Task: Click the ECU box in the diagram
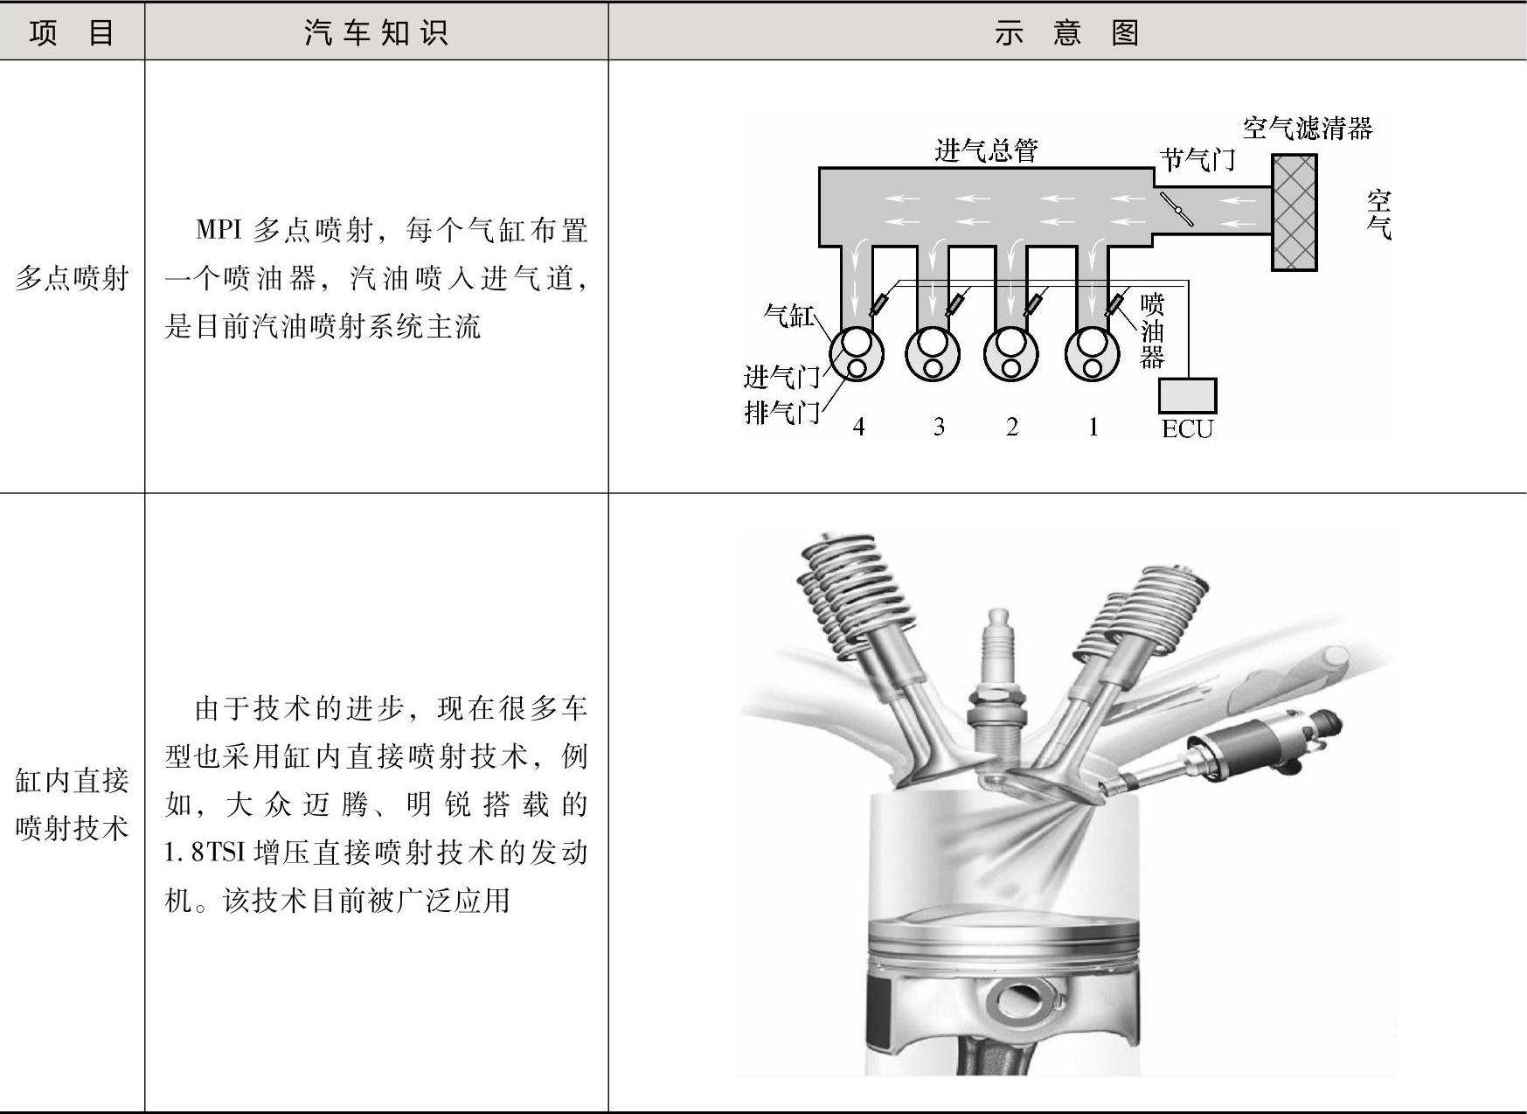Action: (x=1187, y=395)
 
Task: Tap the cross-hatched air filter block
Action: (x=1294, y=212)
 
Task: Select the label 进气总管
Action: (x=986, y=150)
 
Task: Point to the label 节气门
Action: (x=1197, y=159)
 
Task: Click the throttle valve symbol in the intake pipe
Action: (x=1176, y=209)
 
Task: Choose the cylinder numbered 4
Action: (x=856, y=353)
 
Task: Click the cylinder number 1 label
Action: (x=1093, y=427)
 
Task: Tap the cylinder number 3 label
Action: (x=939, y=427)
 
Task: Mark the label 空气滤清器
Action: (x=1307, y=129)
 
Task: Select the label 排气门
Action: (x=781, y=411)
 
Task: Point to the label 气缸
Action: (x=788, y=315)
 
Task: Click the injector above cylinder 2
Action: (x=1033, y=304)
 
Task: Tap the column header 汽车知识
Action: (x=376, y=32)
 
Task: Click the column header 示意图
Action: (x=1066, y=32)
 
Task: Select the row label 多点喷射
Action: (x=72, y=278)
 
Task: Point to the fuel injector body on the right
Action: (x=1259, y=744)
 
